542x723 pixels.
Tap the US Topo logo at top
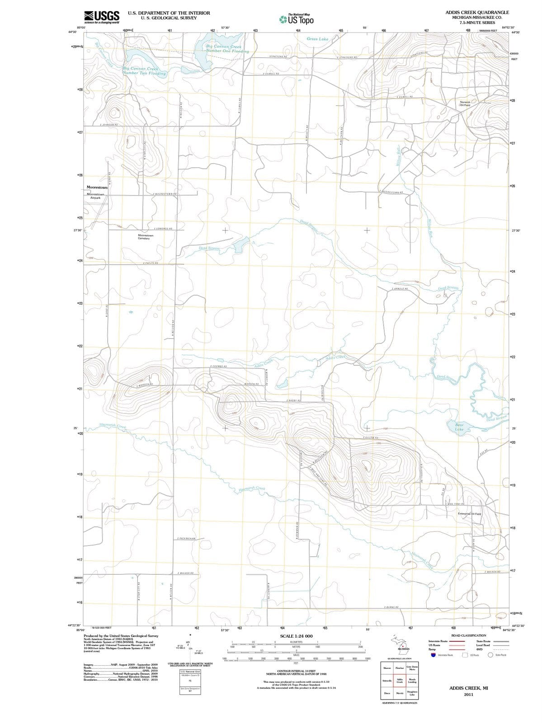click(x=297, y=19)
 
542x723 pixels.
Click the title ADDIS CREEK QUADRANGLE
click(x=477, y=12)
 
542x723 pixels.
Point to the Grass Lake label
click(x=317, y=39)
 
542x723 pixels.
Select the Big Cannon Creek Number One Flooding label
click(x=227, y=49)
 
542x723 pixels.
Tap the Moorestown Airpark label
click(x=95, y=196)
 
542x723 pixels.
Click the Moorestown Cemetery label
click(x=146, y=237)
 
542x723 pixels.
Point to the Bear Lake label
click(x=459, y=427)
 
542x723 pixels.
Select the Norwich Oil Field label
click(x=465, y=104)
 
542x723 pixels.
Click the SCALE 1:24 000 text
click(x=296, y=636)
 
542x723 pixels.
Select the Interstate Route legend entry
click(x=438, y=641)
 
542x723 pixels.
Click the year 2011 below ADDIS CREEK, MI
click(x=468, y=695)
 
